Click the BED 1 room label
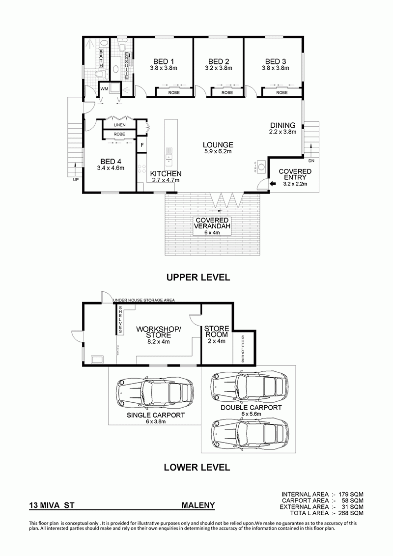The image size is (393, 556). pyautogui.click(x=164, y=61)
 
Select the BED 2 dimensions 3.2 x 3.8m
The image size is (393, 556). pyautogui.click(x=219, y=68)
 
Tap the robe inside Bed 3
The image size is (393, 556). pyautogui.click(x=282, y=92)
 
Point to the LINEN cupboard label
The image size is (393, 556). pyautogui.click(x=119, y=125)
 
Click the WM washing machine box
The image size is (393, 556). pyautogui.click(x=104, y=88)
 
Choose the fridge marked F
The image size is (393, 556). pyautogui.click(x=142, y=145)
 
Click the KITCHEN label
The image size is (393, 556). pyautogui.click(x=166, y=174)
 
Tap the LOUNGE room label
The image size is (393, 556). pyautogui.click(x=218, y=145)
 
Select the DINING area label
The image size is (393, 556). pyautogui.click(x=282, y=125)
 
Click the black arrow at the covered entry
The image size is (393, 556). pyautogui.click(x=273, y=184)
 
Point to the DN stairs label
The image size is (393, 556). pyautogui.click(x=311, y=161)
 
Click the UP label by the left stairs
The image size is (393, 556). pyautogui.click(x=76, y=179)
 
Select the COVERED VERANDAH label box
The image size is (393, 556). pyautogui.click(x=212, y=226)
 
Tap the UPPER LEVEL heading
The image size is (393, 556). pyautogui.click(x=198, y=278)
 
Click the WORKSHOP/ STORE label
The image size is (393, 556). pyautogui.click(x=159, y=332)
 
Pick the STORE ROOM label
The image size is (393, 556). pyautogui.click(x=216, y=332)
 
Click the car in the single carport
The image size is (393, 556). pyautogui.click(x=155, y=393)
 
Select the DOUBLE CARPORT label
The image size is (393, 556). pyautogui.click(x=251, y=408)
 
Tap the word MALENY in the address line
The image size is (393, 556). pyautogui.click(x=198, y=505)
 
